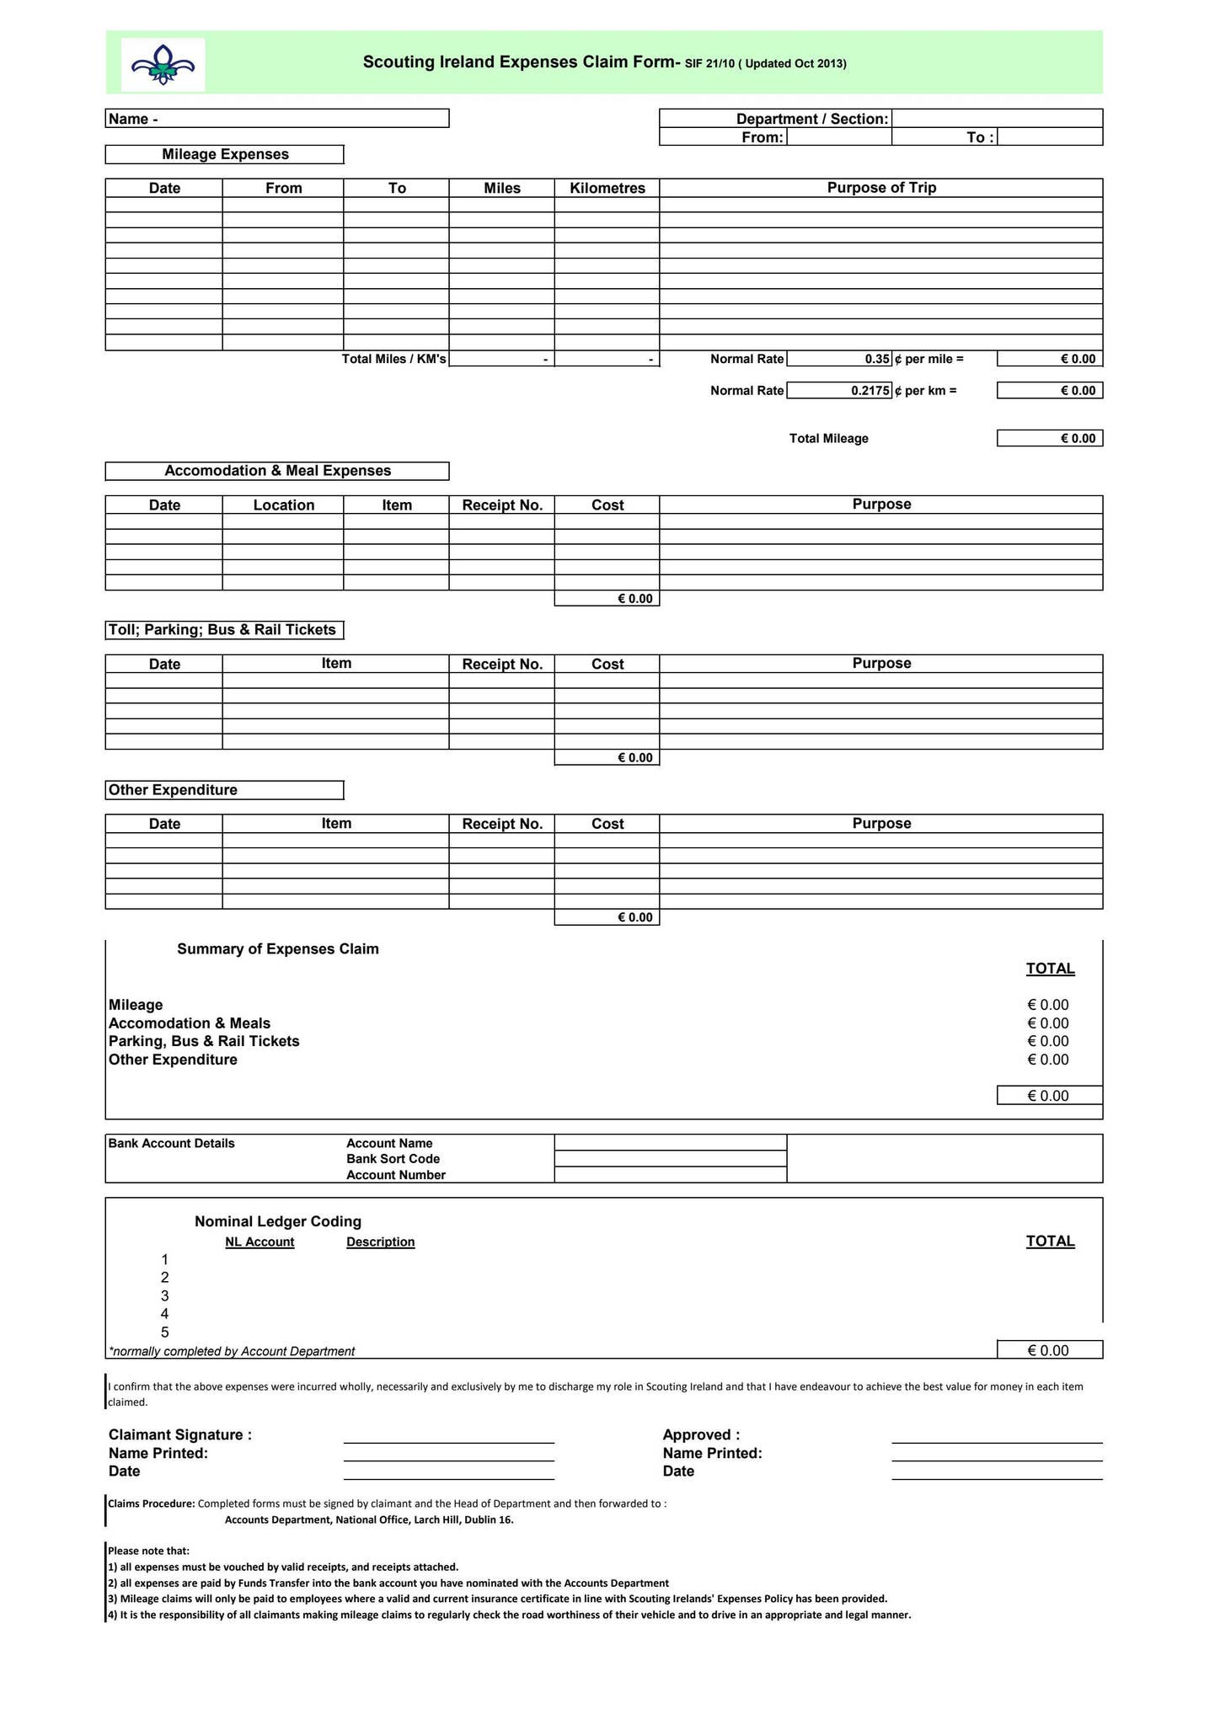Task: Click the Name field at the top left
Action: tap(278, 119)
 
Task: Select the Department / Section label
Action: tap(811, 119)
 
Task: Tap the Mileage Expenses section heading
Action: tap(225, 154)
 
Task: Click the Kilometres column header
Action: tap(607, 188)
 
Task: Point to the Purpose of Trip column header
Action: tap(881, 188)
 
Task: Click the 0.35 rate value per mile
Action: tap(876, 359)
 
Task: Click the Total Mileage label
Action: tap(828, 439)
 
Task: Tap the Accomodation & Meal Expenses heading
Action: tap(277, 471)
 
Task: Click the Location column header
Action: tap(283, 505)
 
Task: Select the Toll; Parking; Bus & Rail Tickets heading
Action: tap(223, 630)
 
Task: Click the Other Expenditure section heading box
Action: tap(224, 790)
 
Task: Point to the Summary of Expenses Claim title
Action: tap(278, 949)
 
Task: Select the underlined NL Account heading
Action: tap(260, 1242)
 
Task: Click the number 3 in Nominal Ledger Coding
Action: tap(165, 1295)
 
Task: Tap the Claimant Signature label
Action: tap(180, 1435)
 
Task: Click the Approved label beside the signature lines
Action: tap(701, 1435)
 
